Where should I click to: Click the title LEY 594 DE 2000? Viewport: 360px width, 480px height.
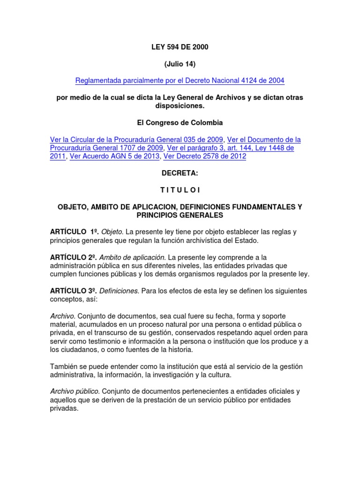point(180,47)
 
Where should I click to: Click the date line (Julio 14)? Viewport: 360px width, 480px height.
point(180,64)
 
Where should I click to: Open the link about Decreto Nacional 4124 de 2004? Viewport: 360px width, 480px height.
point(180,81)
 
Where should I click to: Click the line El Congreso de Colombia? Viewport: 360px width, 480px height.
point(180,123)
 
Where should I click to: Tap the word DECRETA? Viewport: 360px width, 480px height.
point(180,173)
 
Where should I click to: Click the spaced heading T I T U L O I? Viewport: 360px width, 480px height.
point(180,190)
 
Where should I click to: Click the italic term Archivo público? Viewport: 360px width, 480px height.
point(75,391)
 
